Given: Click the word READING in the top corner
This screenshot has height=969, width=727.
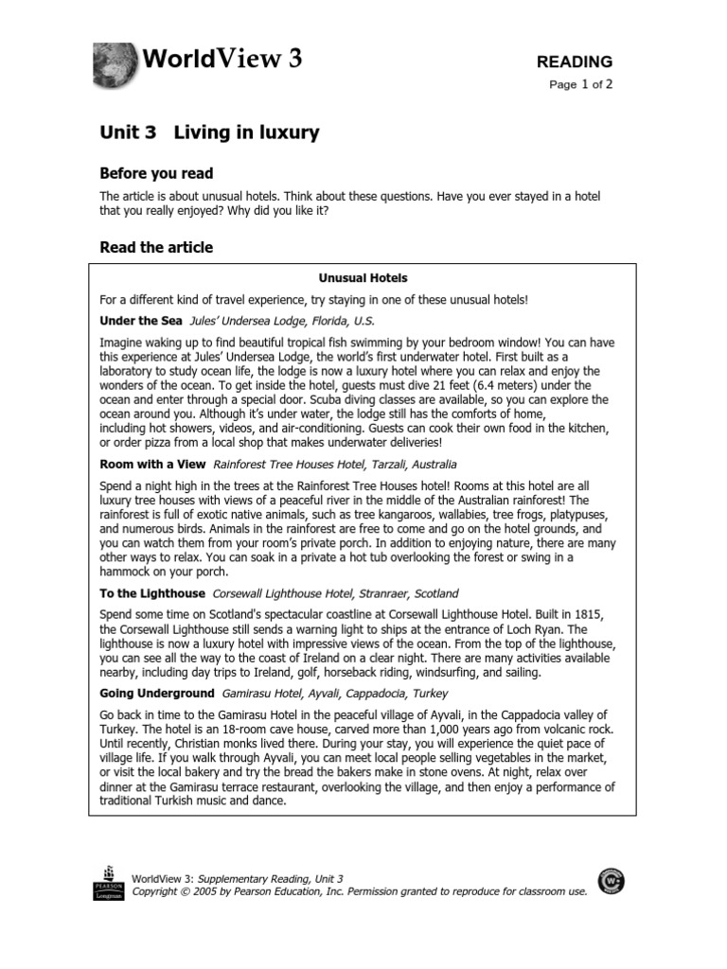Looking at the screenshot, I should pos(575,62).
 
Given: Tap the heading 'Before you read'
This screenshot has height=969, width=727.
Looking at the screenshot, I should pos(156,173).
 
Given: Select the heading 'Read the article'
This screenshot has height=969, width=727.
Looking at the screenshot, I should pos(156,248).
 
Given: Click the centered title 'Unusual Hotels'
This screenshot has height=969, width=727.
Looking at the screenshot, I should pos(363,278).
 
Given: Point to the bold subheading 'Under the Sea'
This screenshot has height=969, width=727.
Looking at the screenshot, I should pos(140,321).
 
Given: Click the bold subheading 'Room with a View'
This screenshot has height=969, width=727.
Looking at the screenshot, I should pos(151,465).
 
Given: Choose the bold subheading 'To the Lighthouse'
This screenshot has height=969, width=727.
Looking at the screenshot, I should pos(151,593).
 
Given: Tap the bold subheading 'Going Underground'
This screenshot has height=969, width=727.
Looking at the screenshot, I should pos(156,694).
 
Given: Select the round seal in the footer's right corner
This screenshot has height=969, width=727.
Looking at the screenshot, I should pos(611,881).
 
